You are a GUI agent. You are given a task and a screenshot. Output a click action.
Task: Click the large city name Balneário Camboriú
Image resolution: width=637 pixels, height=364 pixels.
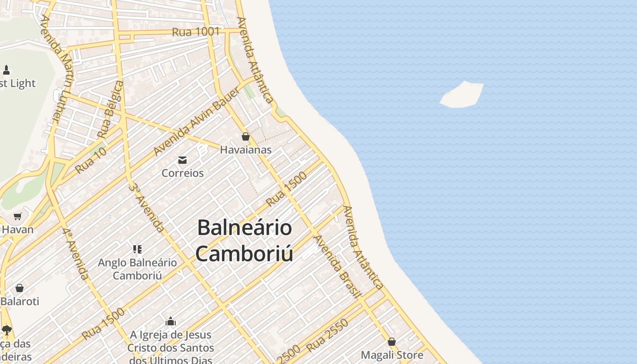tap(244, 240)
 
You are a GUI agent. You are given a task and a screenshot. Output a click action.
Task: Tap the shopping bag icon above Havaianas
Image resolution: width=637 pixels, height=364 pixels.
tap(246, 136)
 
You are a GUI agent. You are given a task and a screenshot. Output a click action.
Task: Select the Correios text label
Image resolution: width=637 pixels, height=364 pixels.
tap(182, 173)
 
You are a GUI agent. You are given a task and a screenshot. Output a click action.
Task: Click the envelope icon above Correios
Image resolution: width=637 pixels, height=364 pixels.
tap(182, 160)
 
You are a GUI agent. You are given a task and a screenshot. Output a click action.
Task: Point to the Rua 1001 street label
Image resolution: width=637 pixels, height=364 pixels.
tap(196, 32)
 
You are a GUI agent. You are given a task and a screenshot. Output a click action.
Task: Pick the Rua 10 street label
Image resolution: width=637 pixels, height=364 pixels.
tap(91, 160)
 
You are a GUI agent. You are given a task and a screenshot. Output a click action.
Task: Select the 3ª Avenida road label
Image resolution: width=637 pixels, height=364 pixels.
tap(146, 207)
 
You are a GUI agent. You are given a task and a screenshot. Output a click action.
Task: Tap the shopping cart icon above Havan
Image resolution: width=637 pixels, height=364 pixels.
tap(18, 216)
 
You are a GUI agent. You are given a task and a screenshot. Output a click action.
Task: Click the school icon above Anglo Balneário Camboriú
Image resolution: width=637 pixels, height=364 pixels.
tap(137, 249)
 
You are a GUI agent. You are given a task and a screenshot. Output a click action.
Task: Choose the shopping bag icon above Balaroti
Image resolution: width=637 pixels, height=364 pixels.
tap(20, 288)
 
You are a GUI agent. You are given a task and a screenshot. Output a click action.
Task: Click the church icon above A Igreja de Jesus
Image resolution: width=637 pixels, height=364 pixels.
tap(171, 322)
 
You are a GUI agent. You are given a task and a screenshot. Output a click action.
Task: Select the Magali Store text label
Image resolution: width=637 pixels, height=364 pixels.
tap(392, 355)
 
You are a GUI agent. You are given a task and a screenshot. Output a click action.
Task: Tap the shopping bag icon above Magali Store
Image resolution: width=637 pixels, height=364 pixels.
tap(392, 342)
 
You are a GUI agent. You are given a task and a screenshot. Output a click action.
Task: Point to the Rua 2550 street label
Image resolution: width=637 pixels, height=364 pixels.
tap(328, 335)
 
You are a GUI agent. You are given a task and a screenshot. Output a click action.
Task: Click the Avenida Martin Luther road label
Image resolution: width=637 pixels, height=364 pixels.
tap(56, 68)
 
